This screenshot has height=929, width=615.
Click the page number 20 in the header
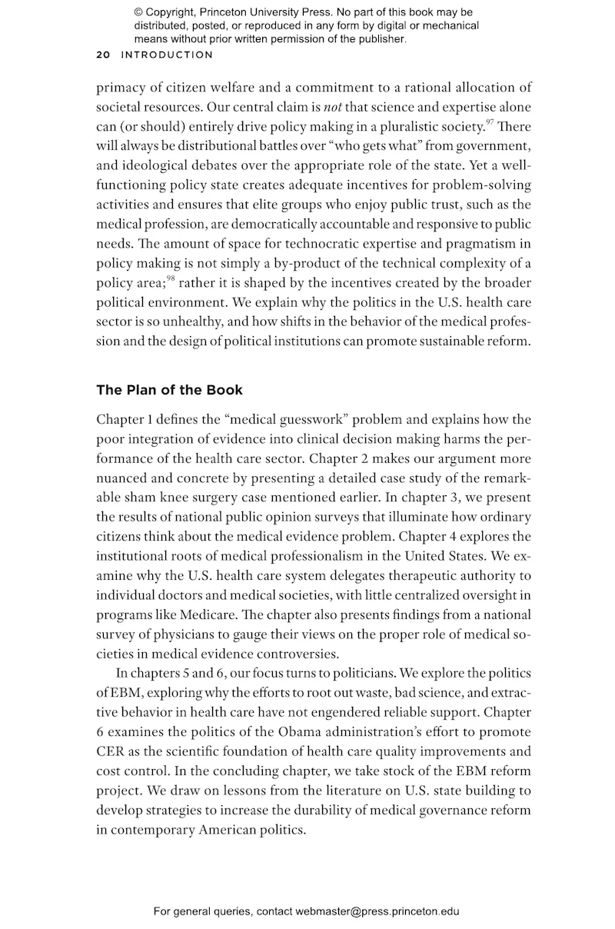pos(103,55)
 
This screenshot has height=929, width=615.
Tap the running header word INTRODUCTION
pos(167,55)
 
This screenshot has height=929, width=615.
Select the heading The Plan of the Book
pos(169,390)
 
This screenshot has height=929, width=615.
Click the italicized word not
pos(332,108)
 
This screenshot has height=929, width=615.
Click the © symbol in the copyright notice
pos(138,12)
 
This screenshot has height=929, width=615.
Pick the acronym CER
pos(109,751)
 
